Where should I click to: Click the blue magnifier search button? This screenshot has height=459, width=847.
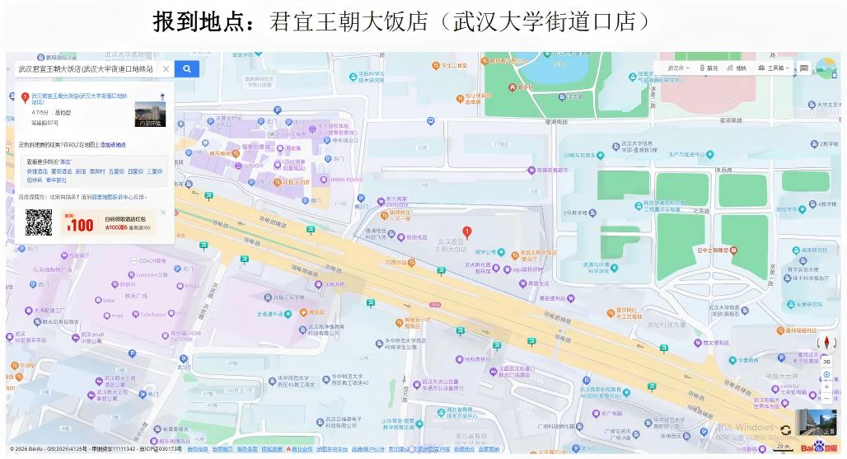click(187, 69)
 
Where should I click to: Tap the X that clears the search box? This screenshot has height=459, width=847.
click(166, 69)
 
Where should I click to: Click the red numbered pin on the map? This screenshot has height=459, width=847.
click(467, 232)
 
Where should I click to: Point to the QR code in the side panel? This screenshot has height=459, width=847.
click(38, 222)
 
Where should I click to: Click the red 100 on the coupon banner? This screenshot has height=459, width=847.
click(81, 225)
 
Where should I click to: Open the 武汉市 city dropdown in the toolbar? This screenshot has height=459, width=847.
click(678, 68)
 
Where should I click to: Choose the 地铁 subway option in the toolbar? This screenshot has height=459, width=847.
click(737, 68)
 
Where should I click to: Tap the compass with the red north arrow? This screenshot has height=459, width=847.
click(826, 343)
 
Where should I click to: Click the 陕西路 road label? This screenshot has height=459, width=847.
click(724, 170)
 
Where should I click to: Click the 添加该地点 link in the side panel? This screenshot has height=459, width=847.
click(114, 145)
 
